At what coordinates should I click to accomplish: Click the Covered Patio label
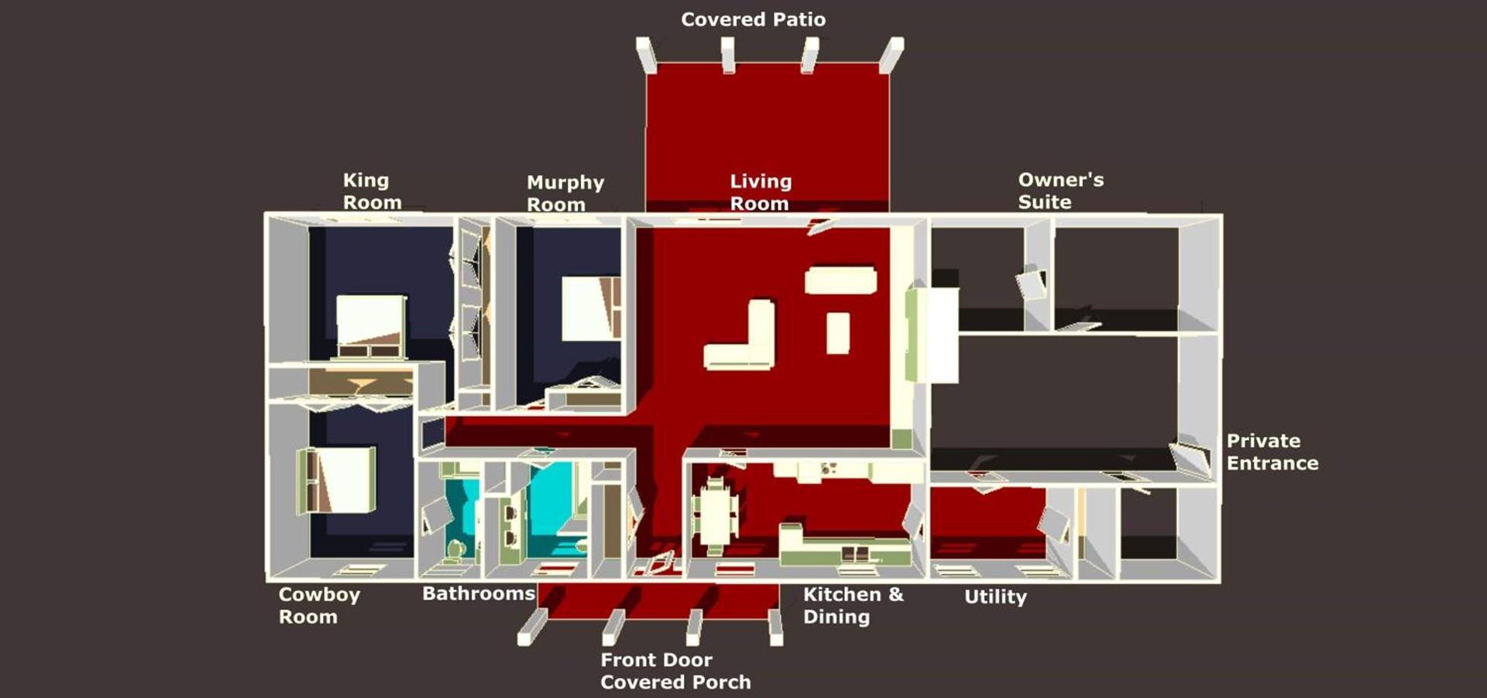(753, 19)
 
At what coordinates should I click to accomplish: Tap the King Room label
(373, 191)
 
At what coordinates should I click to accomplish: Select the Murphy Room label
(565, 193)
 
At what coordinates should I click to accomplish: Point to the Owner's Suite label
(1060, 191)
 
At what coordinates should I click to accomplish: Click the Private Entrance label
(1272, 452)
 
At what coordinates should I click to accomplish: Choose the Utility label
(995, 597)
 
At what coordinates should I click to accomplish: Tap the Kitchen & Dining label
(853, 605)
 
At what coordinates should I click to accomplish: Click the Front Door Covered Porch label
(675, 671)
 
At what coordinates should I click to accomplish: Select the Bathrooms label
(479, 593)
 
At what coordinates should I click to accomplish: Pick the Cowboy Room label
(319, 605)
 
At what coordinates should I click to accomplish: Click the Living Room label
(761, 192)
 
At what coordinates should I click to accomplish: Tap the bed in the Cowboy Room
(337, 480)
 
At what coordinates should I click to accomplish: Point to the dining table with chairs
(715, 514)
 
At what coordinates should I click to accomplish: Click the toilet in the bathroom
(455, 548)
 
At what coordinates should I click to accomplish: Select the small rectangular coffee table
(837, 333)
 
